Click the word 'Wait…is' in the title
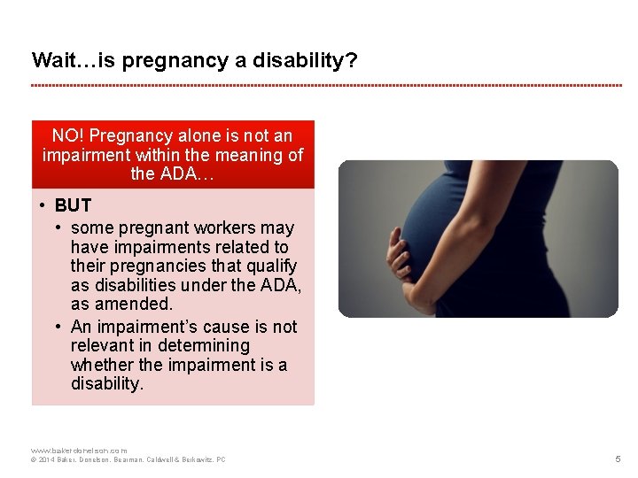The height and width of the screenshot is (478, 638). tap(63, 60)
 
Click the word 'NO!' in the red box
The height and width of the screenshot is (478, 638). tap(67, 135)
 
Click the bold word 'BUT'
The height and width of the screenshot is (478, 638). tap(73, 205)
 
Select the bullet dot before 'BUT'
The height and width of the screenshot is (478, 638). tap(43, 205)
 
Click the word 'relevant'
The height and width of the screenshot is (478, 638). tap(103, 345)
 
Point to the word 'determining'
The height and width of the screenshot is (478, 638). tap(204, 345)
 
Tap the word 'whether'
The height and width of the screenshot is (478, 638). tap(101, 365)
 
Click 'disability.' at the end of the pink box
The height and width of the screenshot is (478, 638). tap(106, 384)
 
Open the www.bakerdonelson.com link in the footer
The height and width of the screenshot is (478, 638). tap(79, 451)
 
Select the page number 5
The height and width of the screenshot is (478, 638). tap(618, 459)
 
